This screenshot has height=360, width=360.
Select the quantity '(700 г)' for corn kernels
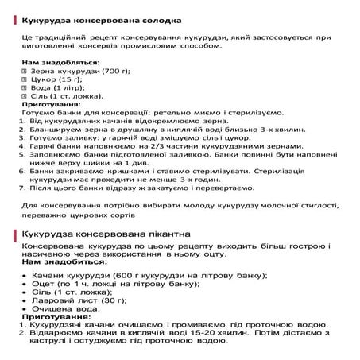[x=114, y=71]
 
